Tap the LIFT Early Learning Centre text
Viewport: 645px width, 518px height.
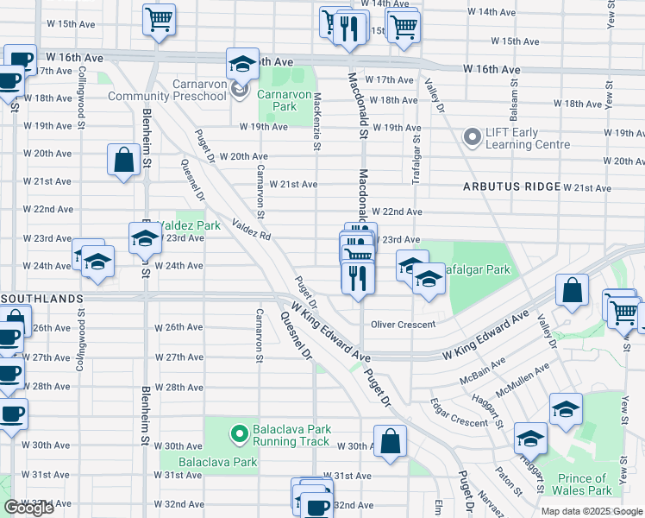(x=512, y=138)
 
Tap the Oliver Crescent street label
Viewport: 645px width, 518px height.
(x=404, y=325)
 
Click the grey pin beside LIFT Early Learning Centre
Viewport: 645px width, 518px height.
(x=472, y=136)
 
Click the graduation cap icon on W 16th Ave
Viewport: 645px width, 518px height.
(x=242, y=63)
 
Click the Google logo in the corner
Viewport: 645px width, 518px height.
(x=28, y=508)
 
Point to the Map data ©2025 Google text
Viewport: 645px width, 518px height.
(x=591, y=511)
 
